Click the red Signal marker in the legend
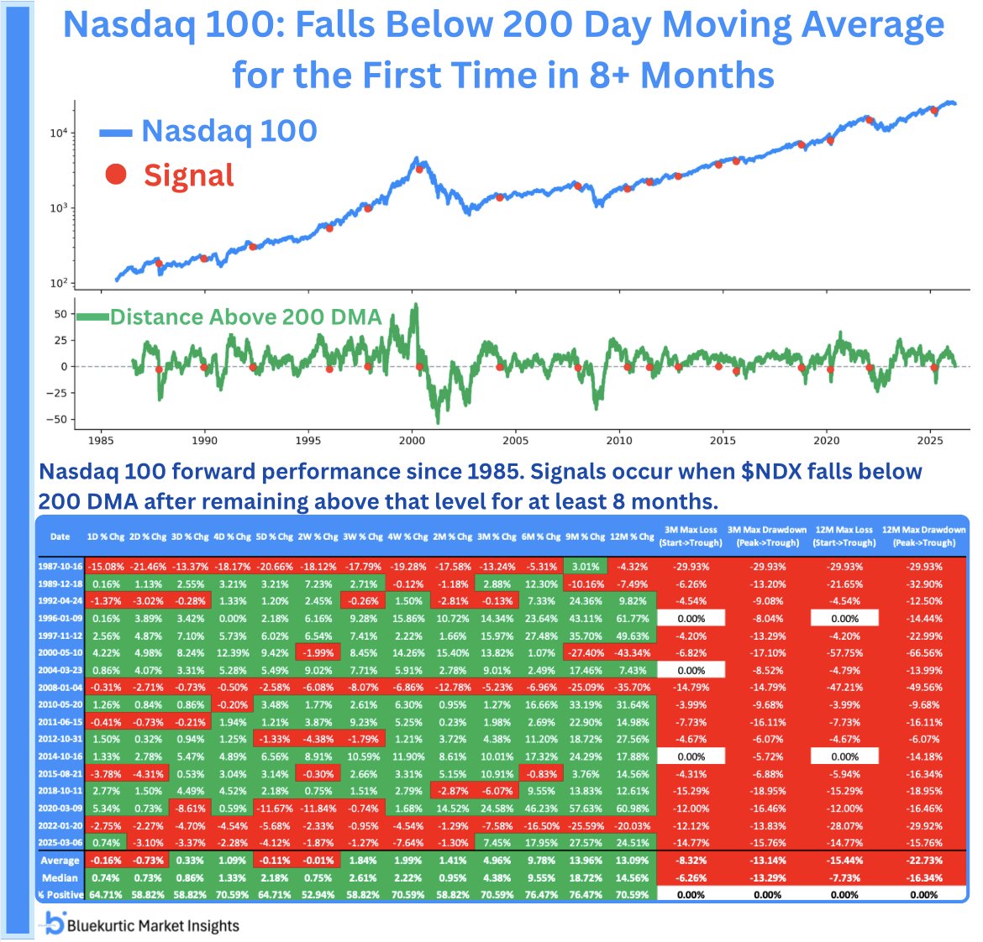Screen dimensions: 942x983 point(116,175)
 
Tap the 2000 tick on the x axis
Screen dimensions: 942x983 point(412,441)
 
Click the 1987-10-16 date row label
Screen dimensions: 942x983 point(60,567)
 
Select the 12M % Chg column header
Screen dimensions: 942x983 point(633,536)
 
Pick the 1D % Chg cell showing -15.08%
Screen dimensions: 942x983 point(105,567)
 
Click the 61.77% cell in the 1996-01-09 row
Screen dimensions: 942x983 point(633,619)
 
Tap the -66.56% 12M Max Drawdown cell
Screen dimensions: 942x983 point(923,653)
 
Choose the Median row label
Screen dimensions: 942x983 point(60,877)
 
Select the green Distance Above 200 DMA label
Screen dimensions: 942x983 point(245,317)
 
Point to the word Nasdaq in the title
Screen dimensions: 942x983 point(122,26)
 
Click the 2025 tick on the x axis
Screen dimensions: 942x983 point(930,441)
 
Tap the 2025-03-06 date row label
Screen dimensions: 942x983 point(60,843)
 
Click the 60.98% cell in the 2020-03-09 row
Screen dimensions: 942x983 point(633,809)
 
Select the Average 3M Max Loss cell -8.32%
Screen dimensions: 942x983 point(691,861)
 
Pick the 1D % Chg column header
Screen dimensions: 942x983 point(105,536)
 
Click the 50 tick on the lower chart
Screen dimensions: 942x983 point(60,314)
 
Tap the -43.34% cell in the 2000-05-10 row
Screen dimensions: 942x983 point(633,653)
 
